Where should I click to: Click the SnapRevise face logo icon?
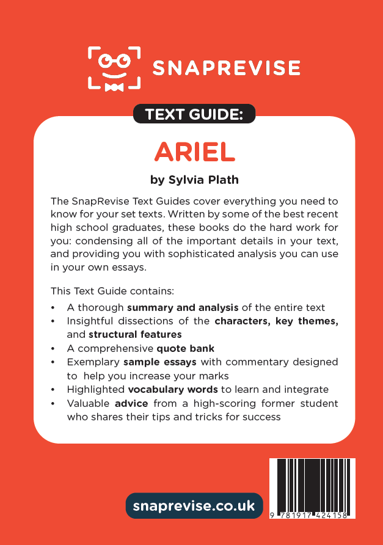click(114, 67)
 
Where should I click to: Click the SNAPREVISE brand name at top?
click(226, 68)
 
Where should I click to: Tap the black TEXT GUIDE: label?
click(194, 114)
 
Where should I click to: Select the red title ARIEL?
click(194, 151)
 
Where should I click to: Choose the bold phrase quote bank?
click(186, 348)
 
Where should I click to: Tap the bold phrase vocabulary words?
click(173, 389)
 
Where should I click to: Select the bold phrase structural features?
click(135, 335)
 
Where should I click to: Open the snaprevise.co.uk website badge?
click(194, 506)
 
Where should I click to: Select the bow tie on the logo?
click(114, 87)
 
